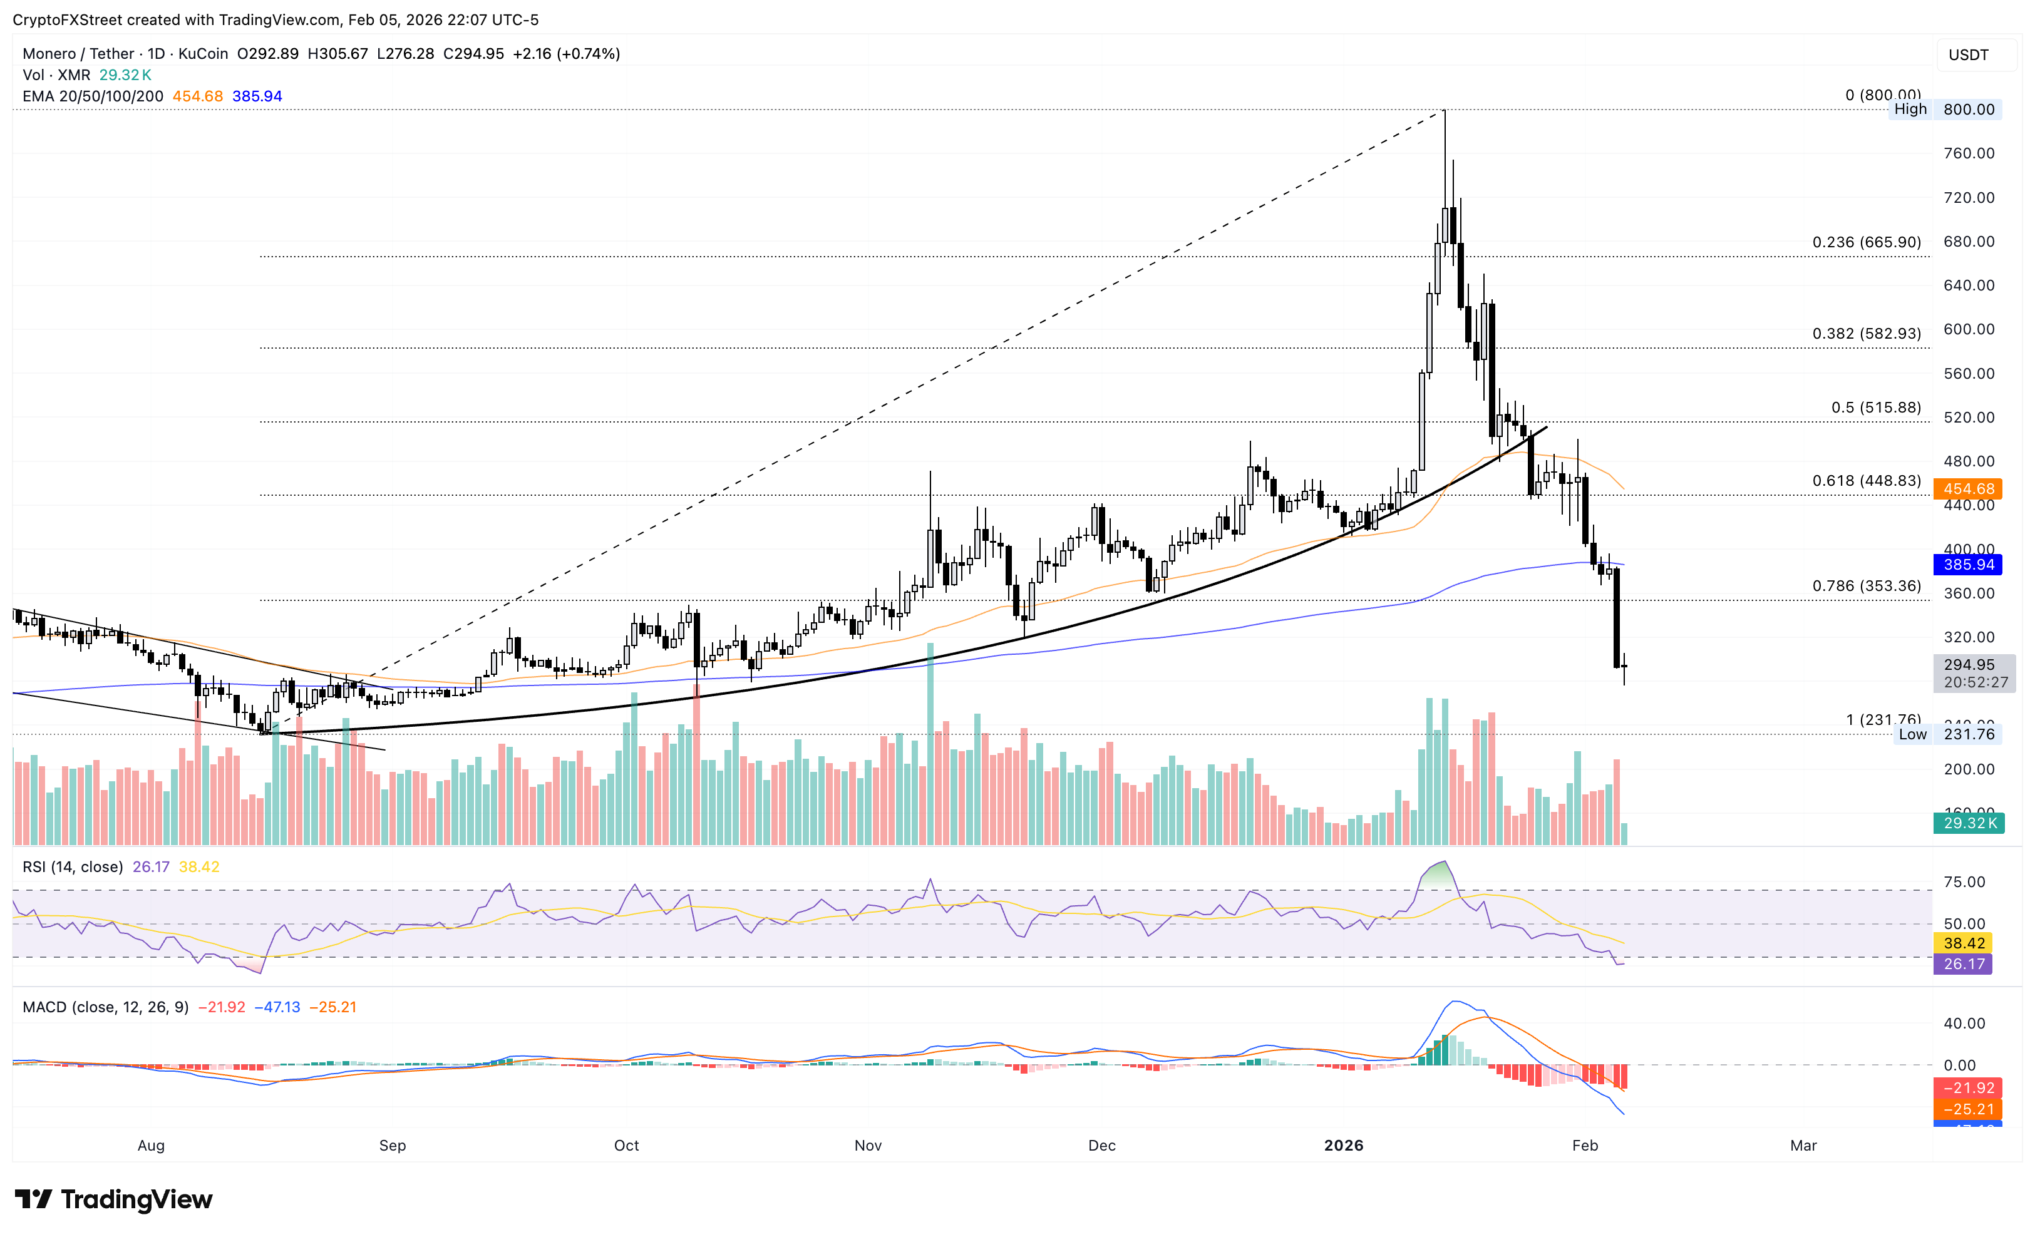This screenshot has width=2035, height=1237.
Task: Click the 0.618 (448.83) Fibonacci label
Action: tap(1866, 481)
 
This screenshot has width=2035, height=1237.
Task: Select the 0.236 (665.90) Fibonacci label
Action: tap(1866, 242)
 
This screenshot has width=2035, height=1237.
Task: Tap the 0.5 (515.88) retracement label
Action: tap(1875, 407)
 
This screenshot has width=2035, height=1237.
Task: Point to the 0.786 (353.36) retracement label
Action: tap(1866, 585)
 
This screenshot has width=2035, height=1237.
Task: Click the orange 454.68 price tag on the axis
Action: tap(1967, 489)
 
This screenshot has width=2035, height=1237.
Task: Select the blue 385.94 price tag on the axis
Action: tap(1967, 565)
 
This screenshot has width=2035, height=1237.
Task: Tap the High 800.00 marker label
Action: tap(1944, 109)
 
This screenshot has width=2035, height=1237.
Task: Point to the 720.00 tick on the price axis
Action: tap(1968, 197)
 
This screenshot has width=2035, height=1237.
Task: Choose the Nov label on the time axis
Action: tap(868, 1146)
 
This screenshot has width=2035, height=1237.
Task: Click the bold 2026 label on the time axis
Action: tap(1343, 1146)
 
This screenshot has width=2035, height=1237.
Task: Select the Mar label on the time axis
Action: tap(1803, 1146)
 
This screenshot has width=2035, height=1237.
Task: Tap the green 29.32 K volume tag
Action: tap(1968, 823)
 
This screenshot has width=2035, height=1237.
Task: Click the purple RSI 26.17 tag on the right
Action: tap(1963, 963)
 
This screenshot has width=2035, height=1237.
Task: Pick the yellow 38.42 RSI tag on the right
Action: tap(1963, 943)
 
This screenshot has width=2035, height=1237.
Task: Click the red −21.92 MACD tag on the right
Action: tap(1968, 1087)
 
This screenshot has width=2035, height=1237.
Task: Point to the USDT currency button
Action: tap(1968, 54)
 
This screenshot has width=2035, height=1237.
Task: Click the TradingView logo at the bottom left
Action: tap(114, 1199)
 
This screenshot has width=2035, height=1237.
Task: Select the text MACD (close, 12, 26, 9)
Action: tap(105, 1007)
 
